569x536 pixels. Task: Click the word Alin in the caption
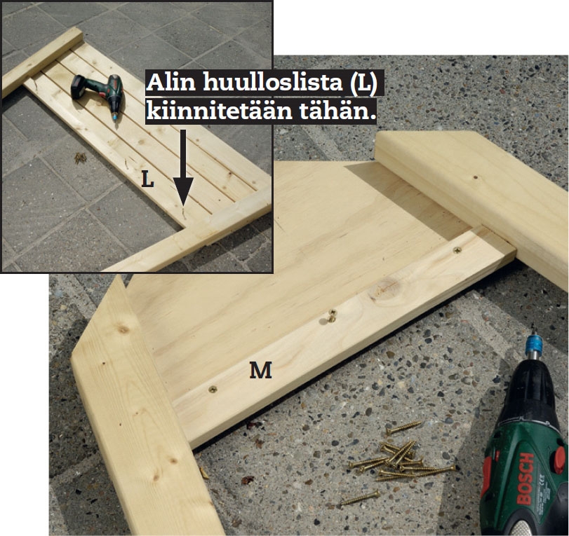[x=172, y=83]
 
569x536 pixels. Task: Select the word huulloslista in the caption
[x=272, y=83]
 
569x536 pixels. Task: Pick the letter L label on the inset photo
[x=147, y=179]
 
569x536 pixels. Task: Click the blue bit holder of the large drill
[x=534, y=348]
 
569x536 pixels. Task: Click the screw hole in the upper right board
[x=475, y=177]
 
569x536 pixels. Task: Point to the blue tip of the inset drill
[x=115, y=117]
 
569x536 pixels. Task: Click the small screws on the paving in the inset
[x=80, y=158]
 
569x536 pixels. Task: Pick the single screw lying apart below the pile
[x=360, y=498]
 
